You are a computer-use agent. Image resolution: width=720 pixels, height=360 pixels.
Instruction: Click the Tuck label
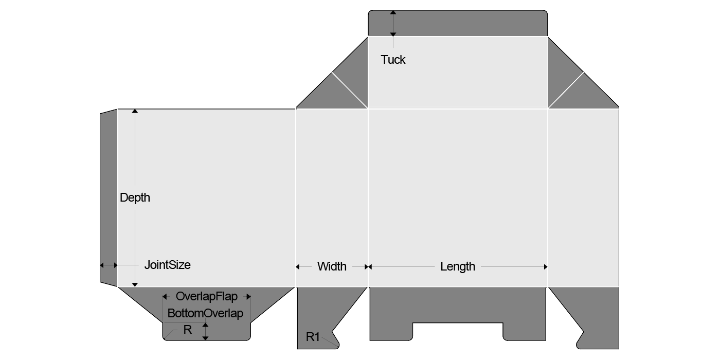(x=393, y=60)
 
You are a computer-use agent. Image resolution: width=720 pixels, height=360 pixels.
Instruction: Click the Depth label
(x=135, y=197)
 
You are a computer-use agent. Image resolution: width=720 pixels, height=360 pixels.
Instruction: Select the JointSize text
(x=167, y=265)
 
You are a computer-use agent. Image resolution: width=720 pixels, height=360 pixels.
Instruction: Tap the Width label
(x=332, y=266)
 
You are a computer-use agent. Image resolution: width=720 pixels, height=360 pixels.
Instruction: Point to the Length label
(x=458, y=266)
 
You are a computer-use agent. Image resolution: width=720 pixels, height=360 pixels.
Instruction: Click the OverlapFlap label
(x=206, y=297)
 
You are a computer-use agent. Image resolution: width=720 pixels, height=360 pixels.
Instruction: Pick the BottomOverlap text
(x=205, y=313)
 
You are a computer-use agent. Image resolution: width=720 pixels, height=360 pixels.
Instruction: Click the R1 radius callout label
(x=313, y=337)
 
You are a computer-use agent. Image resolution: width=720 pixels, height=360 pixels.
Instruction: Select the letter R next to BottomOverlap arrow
(x=188, y=330)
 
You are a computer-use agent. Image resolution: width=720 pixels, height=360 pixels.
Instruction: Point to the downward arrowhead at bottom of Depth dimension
(x=135, y=284)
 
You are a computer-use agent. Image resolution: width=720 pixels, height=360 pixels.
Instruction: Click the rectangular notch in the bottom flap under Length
(x=458, y=331)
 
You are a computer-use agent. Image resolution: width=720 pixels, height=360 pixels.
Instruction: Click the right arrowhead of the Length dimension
(x=545, y=266)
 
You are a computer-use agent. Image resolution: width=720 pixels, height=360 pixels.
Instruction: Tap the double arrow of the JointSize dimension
(x=109, y=265)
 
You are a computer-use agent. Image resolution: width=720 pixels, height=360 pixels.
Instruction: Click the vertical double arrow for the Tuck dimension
(x=393, y=23)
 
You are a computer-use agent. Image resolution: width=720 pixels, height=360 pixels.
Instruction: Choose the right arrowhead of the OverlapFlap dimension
(x=248, y=297)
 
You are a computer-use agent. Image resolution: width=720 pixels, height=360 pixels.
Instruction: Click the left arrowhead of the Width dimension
(x=298, y=266)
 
